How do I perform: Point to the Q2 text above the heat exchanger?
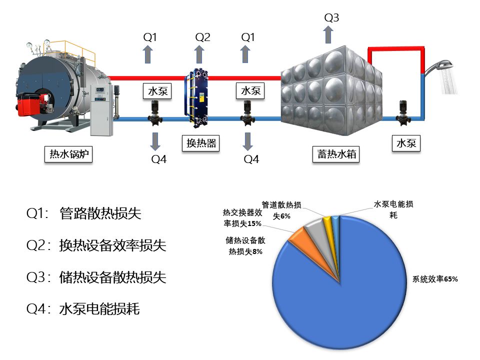tap(202, 37)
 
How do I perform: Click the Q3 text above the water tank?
tap(331, 18)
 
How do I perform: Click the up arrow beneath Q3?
tap(328, 35)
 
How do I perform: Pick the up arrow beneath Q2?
tap(199, 54)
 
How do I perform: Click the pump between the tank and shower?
tap(403, 113)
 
